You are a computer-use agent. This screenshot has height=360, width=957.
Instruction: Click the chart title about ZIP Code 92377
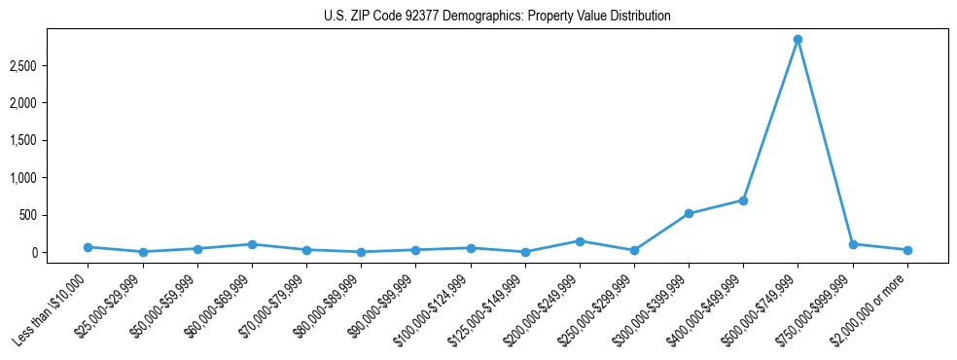497,17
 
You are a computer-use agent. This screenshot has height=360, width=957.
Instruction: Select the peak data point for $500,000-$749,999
797,40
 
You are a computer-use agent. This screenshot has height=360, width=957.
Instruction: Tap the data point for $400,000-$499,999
743,200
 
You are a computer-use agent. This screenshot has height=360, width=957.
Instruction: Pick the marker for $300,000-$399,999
689,213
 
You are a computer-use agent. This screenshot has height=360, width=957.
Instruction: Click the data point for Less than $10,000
88,247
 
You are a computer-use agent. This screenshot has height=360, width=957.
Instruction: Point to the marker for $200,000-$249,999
580,241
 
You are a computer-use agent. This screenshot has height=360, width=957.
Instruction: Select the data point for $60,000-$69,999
252,244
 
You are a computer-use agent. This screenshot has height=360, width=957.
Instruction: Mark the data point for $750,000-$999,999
853,244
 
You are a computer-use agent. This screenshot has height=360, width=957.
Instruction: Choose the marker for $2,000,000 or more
907,250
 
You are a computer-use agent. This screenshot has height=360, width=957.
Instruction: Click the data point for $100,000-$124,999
471,248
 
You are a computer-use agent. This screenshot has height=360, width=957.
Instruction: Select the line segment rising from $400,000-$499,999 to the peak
770,121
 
